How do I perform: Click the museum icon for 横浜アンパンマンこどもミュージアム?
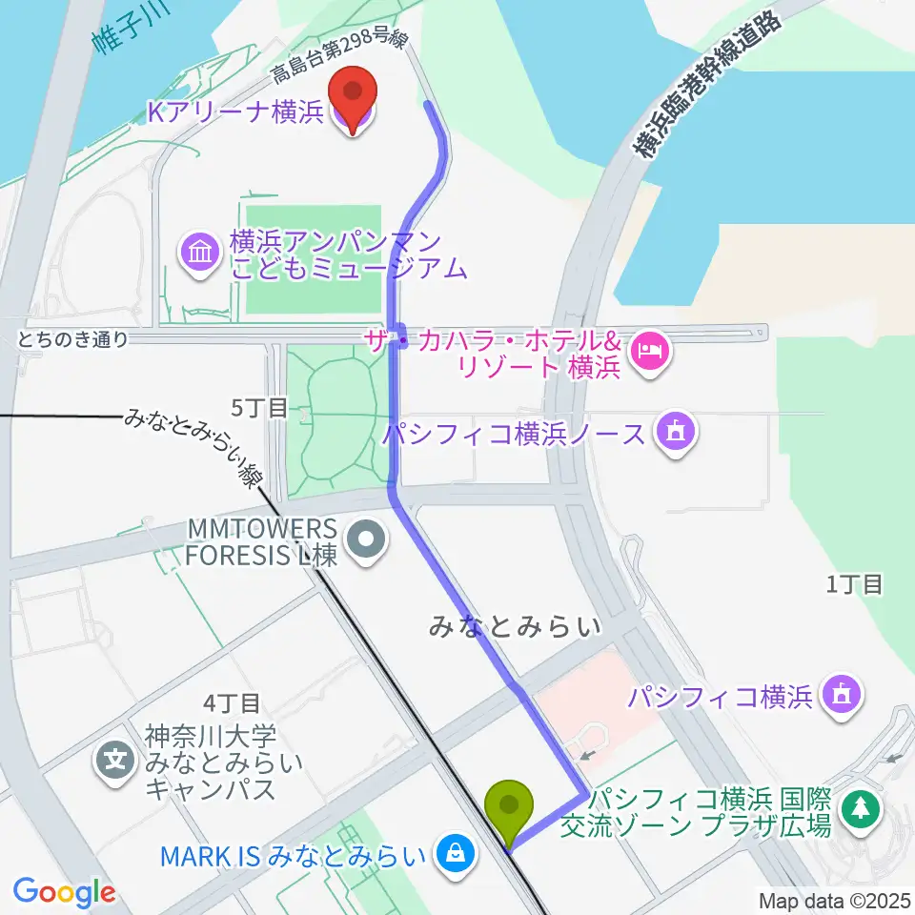click(x=201, y=254)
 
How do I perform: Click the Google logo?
click(x=64, y=892)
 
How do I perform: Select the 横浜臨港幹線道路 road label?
click(x=710, y=85)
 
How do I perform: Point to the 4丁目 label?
click(x=233, y=703)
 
